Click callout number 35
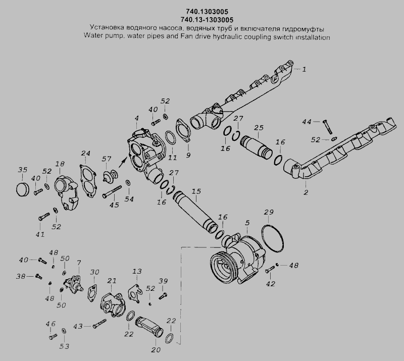pos(22,169)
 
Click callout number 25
pos(259,128)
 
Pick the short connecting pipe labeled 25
pos(259,145)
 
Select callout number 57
pos(107,160)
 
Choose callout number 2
pos(306,192)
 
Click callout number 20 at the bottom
pos(155,349)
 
